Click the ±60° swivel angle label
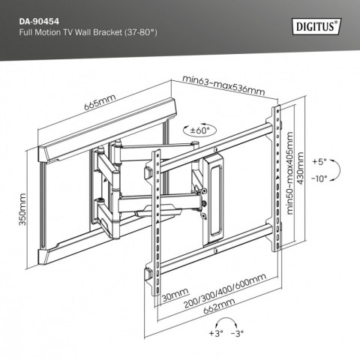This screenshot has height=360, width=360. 201,130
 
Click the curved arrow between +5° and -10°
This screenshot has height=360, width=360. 335,170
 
